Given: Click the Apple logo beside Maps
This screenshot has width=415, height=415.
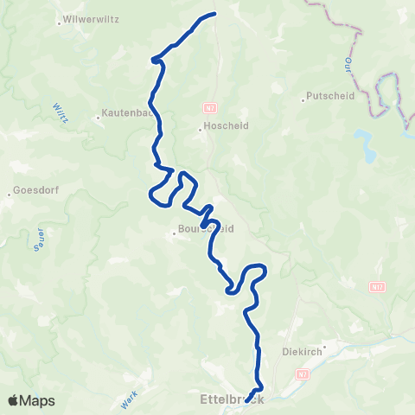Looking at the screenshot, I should coord(15,400).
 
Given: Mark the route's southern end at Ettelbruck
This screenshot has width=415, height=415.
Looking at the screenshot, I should coord(247,400).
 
